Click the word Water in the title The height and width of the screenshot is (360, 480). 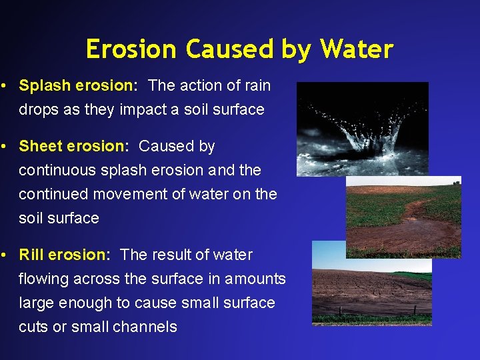click(357, 49)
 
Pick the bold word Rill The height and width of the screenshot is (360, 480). click(31, 255)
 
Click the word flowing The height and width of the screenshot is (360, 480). click(43, 279)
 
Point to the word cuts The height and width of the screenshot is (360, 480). click(33, 327)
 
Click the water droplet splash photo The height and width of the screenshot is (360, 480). click(362, 128)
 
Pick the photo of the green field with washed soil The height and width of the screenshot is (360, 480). click(403, 217)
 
